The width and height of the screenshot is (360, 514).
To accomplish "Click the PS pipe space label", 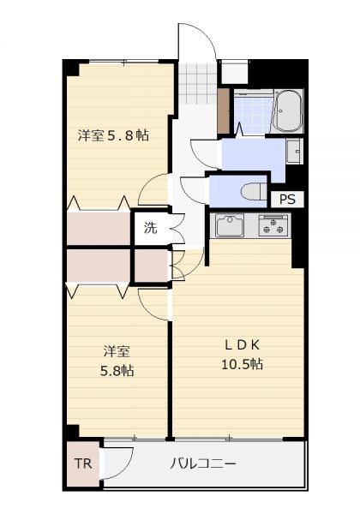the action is pos(287,200).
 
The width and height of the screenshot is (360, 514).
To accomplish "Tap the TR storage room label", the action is pos(83,463).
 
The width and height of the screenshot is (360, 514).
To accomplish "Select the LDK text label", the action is pos(242,344).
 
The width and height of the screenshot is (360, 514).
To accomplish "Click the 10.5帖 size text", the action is pos(242,364).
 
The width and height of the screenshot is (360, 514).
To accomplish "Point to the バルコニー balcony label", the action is pos(203,463).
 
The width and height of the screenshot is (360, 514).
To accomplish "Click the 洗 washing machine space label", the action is pos(151,228).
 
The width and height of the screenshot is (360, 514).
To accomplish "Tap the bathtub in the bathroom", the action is pos(287,111).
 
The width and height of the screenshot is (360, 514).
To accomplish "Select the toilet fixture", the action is pos(254,191).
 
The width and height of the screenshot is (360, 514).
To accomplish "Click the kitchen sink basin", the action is pos(229,225).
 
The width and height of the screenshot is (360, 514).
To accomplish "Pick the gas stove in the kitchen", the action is pos(274,225).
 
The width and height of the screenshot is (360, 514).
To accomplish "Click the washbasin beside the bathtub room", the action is pos(293,151).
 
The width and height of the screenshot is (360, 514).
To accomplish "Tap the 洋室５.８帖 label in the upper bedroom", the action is pos(113,135).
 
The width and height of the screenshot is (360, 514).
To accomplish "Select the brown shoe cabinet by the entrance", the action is pos(224,111).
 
